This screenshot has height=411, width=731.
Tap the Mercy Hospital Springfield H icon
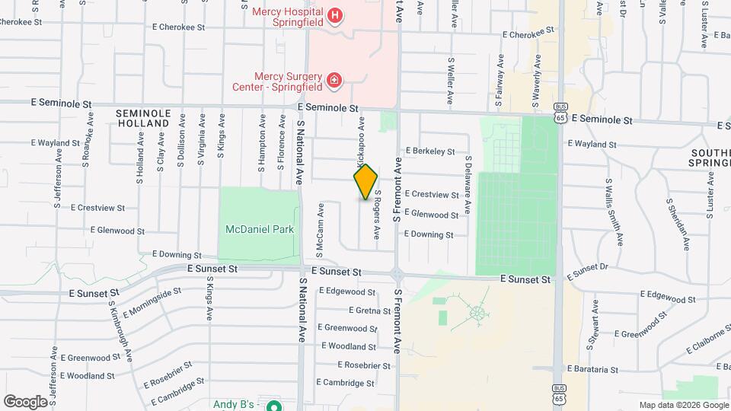(x=334, y=16)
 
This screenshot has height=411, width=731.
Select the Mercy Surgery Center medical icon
(x=333, y=80)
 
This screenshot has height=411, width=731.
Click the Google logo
(x=25, y=401)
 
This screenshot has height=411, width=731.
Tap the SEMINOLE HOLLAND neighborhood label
(x=142, y=118)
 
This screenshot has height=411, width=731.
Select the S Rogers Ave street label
(x=376, y=215)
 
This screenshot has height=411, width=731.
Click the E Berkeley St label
(x=430, y=151)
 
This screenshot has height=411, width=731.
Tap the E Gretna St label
(x=369, y=310)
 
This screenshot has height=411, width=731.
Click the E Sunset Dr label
(x=592, y=268)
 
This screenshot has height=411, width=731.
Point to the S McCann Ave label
(x=320, y=231)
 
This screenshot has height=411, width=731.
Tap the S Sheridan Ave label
(x=677, y=225)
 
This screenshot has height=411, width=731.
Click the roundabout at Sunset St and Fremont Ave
(x=396, y=273)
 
